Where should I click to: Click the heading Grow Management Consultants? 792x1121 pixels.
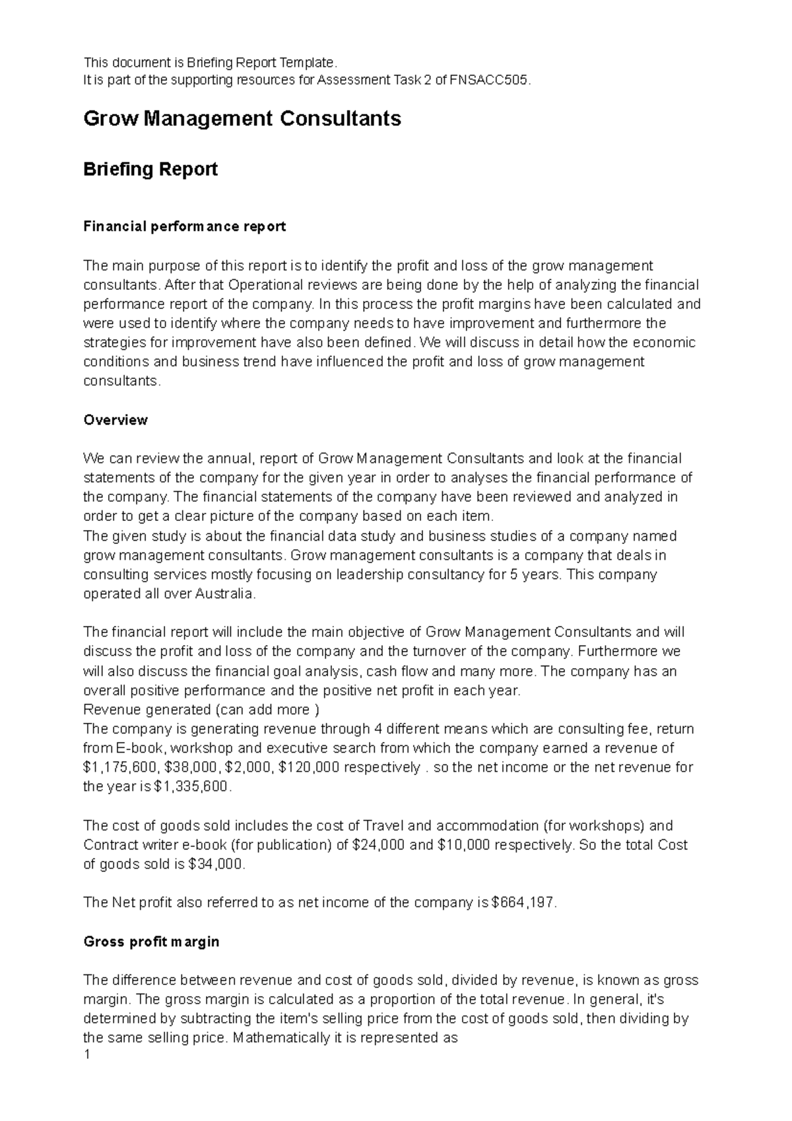242,119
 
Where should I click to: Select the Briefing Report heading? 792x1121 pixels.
150,170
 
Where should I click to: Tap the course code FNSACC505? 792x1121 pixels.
488,81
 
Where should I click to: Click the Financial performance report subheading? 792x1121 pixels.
185,226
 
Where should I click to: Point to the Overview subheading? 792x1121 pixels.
115,420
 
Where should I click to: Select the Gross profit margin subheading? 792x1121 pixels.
151,942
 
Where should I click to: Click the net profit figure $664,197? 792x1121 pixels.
524,903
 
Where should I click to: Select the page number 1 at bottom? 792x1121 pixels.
86,1054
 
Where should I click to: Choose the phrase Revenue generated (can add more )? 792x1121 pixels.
201,710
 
